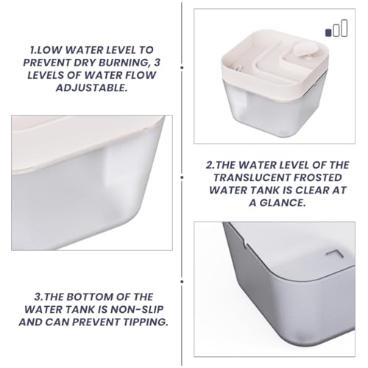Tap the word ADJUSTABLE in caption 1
pos(91,88)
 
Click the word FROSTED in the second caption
pos(318,177)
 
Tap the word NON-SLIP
pos(137,310)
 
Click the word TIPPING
pos(146,322)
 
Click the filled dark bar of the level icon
pos(328,32)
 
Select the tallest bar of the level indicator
pos(344,28)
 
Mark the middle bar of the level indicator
pos(336,30)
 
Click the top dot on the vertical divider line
pos(182,68)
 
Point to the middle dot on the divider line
pos(182,177)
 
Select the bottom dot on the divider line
pos(182,282)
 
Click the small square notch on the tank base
pos(335,254)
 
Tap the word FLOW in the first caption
pos(141,75)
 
